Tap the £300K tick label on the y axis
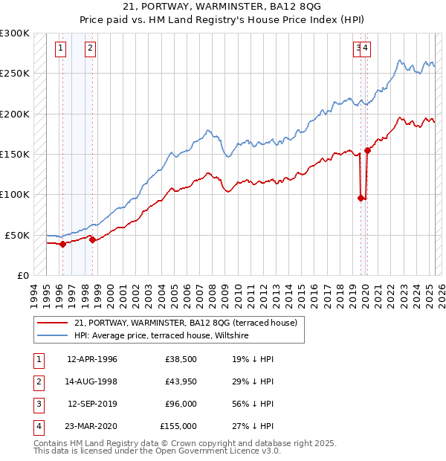(15, 33)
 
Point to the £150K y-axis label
(15, 154)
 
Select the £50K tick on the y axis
(17, 235)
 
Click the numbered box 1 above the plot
(60, 49)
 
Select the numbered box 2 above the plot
(90, 49)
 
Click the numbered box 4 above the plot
(366, 49)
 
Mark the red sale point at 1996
(62, 244)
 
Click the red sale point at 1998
(92, 239)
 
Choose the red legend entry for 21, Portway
(186, 323)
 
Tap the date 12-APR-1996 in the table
(92, 360)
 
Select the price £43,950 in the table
(181, 382)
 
